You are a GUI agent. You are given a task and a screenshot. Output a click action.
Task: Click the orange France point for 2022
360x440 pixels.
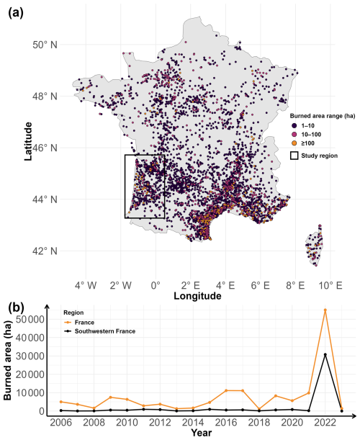(325, 310)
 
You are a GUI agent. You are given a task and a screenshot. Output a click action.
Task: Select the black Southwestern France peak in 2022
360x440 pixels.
(325, 354)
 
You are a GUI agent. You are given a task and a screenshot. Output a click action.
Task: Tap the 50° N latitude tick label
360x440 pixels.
(45, 45)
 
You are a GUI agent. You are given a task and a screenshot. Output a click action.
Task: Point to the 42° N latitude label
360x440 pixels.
(45, 251)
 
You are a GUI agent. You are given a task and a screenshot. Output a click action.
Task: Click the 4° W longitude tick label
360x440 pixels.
(86, 286)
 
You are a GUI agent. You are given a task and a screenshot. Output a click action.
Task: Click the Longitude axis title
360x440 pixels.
(197, 296)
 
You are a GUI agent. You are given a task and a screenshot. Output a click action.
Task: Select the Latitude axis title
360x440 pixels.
(28, 141)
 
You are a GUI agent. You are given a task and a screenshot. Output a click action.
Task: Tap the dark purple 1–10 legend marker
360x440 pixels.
(294, 126)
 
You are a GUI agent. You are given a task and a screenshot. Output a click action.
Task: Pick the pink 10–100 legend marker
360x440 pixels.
(294, 135)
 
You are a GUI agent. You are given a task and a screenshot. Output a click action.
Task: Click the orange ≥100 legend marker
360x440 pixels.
(294, 143)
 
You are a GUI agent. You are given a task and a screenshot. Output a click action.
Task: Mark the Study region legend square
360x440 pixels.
(294, 156)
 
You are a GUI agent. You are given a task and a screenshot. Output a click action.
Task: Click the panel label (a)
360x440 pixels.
(16, 13)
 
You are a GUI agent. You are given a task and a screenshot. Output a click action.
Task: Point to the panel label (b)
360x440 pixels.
(16, 307)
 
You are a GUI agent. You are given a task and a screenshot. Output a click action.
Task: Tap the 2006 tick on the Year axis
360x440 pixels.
(61, 422)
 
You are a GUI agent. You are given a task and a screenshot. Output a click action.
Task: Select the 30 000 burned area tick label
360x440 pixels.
(30, 356)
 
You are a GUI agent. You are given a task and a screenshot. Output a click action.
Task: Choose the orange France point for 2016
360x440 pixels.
(226, 390)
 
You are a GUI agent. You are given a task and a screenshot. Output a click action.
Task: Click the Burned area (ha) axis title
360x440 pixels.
(8, 362)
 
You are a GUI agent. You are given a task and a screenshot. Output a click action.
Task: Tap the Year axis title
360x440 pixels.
(201, 433)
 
